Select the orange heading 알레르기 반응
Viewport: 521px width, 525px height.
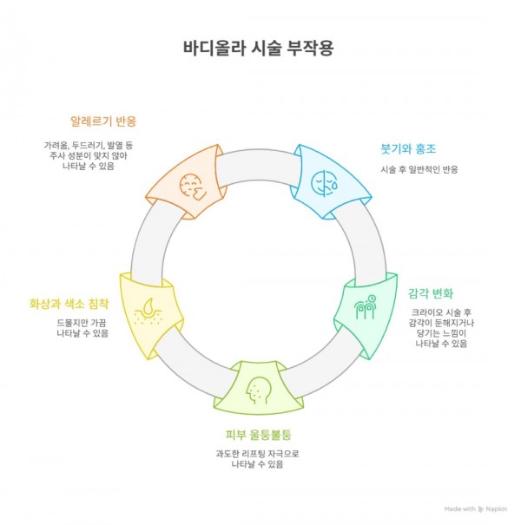click(103, 120)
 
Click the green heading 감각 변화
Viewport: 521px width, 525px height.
click(431, 292)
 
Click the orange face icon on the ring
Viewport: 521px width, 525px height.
click(188, 184)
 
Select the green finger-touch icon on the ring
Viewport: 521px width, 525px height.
click(367, 306)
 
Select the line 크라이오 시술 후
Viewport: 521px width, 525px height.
click(441, 312)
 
